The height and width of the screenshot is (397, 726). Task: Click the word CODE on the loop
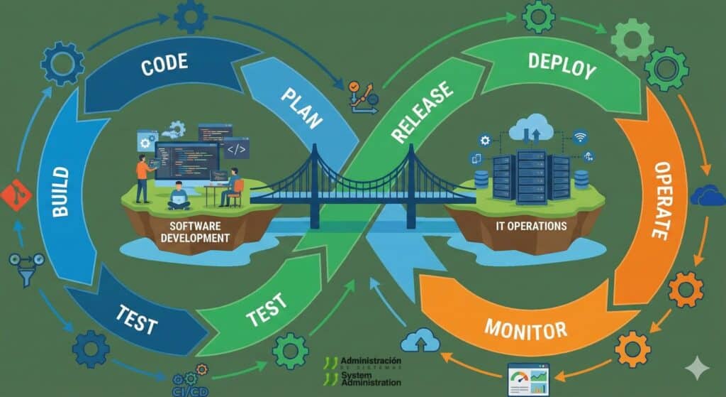tap(164, 65)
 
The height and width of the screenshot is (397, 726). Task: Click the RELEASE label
tap(421, 110)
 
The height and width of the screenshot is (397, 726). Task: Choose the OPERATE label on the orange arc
tap(660, 200)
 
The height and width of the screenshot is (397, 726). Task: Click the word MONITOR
tap(525, 328)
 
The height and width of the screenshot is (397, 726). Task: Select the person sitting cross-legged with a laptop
tap(179, 197)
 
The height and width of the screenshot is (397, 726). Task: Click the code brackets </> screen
tap(236, 149)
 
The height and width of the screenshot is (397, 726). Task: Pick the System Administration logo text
tap(369, 379)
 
